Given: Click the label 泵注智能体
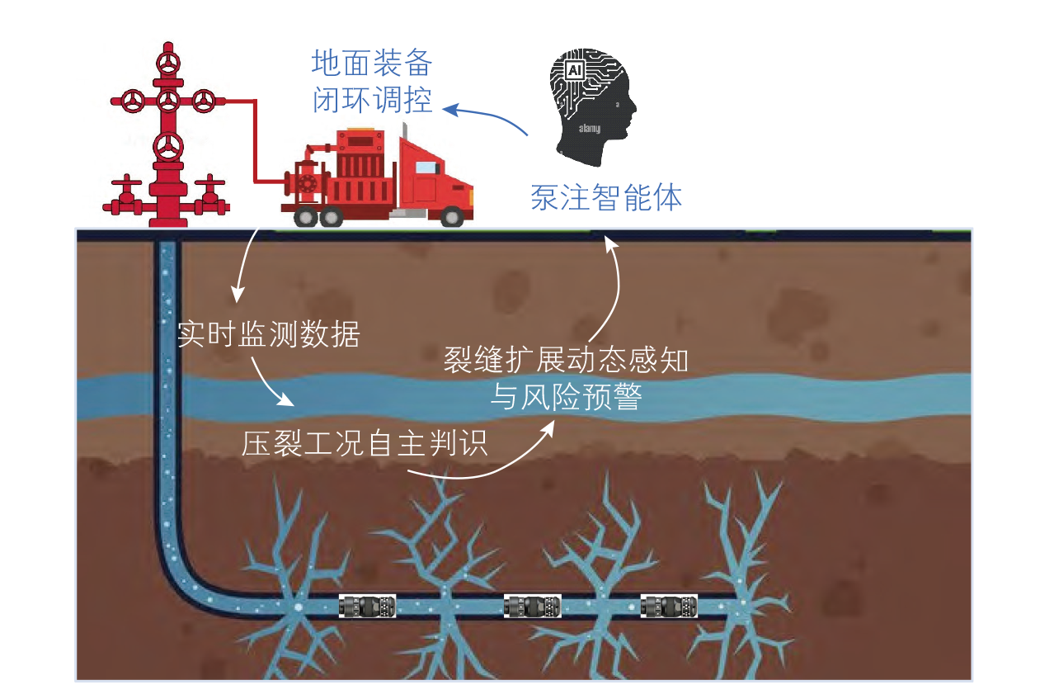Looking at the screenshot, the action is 606,197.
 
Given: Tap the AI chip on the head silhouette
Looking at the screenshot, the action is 575,70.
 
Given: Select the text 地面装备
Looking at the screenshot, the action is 372,63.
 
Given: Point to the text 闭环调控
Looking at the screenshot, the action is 372,99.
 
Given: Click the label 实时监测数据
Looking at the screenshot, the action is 268,334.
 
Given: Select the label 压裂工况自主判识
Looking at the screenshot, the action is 365,442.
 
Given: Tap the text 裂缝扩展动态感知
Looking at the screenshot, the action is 566,359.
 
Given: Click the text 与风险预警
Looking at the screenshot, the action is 567,396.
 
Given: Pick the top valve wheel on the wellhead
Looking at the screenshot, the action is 168,64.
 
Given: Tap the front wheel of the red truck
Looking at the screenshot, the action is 452,216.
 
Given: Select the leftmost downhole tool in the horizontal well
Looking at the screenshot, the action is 367,606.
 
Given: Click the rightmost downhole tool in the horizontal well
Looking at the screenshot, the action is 669,606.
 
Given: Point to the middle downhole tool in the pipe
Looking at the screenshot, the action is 533,606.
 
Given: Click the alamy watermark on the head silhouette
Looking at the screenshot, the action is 590,128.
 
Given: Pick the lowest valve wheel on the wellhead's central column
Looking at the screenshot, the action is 168,147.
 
